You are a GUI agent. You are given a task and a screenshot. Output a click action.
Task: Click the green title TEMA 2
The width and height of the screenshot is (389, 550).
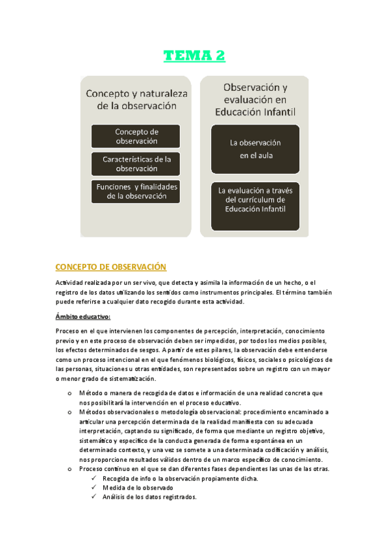click(x=194, y=56)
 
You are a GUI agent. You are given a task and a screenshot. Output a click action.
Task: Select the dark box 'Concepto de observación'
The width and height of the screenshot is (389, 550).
click(x=136, y=136)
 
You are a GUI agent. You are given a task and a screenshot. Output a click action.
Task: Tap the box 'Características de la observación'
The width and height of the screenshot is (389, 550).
click(x=136, y=163)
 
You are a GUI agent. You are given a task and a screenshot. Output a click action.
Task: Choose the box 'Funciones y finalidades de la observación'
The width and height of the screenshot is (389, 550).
click(x=136, y=191)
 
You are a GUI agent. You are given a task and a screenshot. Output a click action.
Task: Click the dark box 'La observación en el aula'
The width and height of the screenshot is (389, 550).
click(x=255, y=149)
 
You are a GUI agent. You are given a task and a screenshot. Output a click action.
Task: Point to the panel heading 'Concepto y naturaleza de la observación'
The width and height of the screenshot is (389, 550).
click(x=136, y=99)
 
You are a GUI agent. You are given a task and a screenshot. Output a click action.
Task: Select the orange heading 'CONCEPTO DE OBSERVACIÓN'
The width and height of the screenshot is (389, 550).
click(x=111, y=267)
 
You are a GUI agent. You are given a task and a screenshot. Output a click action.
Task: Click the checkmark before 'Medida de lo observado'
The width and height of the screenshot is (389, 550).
click(x=95, y=488)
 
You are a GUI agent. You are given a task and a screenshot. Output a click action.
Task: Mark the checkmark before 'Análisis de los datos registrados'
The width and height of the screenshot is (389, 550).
click(x=95, y=497)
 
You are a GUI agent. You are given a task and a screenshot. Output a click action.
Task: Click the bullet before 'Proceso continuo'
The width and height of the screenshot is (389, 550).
click(x=70, y=469)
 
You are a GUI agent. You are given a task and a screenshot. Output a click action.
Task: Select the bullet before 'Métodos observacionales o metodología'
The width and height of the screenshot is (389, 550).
click(x=70, y=412)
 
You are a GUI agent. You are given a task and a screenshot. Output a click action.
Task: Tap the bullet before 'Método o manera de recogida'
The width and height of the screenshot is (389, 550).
click(x=70, y=393)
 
